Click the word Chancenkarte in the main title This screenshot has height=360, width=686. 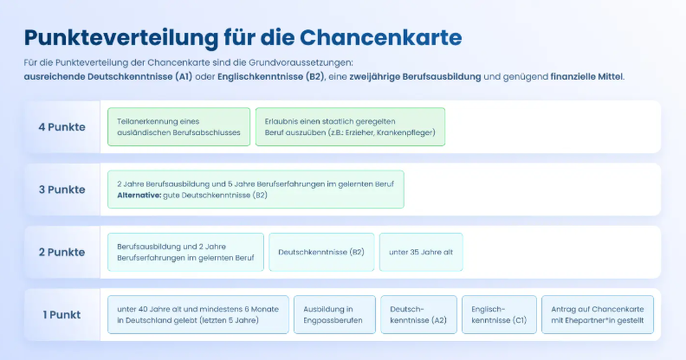click(x=381, y=37)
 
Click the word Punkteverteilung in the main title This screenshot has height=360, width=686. click(x=121, y=38)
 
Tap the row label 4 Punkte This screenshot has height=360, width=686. click(x=62, y=127)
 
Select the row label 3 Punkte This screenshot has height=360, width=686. click(x=62, y=189)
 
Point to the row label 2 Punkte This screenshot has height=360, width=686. click(x=62, y=252)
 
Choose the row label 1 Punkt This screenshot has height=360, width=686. click(x=62, y=315)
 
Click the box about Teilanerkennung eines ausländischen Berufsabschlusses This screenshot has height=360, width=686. click(x=179, y=127)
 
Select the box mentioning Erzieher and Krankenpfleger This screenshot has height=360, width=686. click(x=351, y=127)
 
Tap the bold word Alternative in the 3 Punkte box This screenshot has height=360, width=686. click(x=139, y=195)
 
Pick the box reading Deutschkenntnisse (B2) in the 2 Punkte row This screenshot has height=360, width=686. click(x=322, y=252)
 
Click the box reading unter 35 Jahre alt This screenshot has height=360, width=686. click(x=421, y=252)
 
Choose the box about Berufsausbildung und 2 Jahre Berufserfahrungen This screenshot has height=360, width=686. click(x=185, y=252)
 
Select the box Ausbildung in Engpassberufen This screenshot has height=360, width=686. click(x=335, y=315)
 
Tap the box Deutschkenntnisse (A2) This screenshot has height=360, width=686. click(x=418, y=315)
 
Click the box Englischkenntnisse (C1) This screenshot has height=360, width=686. click(x=499, y=315)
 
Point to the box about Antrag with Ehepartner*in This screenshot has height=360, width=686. click(x=598, y=315)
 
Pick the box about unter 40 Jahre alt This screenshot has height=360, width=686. click(x=198, y=315)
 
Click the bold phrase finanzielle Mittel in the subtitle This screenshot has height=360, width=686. click(x=587, y=77)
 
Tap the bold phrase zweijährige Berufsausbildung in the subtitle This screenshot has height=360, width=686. click(x=415, y=77)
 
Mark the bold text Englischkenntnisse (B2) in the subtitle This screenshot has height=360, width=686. click(x=271, y=77)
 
